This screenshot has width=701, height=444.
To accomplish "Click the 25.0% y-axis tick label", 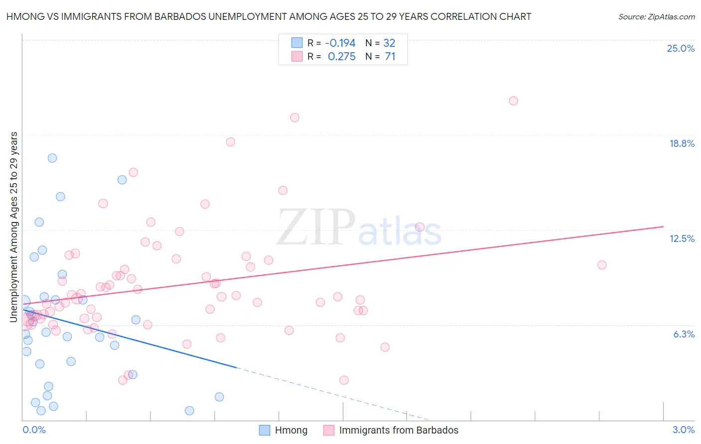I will [681, 48].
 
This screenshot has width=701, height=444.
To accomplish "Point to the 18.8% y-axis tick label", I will [682, 143].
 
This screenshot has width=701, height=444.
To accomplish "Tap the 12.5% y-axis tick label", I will [682, 238].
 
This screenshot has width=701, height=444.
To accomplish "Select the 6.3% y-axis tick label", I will [684, 334].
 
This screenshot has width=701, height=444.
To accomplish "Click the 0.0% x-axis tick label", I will [34, 430].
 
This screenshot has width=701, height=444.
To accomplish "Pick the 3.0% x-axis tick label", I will [683, 430].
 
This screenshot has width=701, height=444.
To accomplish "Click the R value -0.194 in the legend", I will [340, 43].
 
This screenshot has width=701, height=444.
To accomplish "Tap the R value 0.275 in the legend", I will [342, 57].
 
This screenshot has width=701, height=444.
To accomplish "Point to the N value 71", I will [390, 57].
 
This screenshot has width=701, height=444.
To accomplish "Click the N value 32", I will [389, 43].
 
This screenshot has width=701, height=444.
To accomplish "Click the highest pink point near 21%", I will [513, 101].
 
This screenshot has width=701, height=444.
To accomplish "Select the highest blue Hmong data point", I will [52, 158].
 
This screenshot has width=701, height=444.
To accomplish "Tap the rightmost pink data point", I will [602, 265].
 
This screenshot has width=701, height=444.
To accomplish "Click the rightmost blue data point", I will [219, 397].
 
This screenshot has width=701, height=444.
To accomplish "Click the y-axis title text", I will [13, 226].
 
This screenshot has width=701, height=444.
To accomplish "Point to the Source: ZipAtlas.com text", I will [656, 16].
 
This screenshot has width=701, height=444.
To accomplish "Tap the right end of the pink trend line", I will [664, 226].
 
